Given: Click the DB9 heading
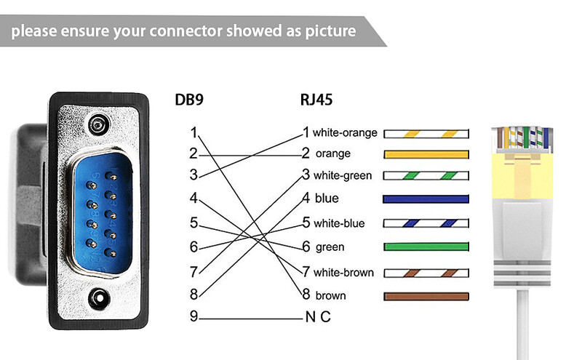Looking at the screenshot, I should (188, 100).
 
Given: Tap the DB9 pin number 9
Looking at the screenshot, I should (193, 317).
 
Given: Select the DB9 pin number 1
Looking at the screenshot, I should (193, 132).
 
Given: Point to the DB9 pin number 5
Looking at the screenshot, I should (193, 223).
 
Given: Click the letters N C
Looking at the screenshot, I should (318, 318).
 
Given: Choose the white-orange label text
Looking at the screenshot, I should (345, 133).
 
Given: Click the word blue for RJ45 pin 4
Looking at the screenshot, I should (327, 199).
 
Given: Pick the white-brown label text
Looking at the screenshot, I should (343, 273).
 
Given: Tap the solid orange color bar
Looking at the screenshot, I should (426, 154).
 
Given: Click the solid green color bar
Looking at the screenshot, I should (426, 247).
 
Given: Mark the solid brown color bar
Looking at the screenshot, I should (426, 296).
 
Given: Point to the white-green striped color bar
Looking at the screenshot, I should (426, 176).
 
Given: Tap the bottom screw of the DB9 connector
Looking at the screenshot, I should (97, 297).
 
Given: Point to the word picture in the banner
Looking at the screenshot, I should (327, 31).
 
